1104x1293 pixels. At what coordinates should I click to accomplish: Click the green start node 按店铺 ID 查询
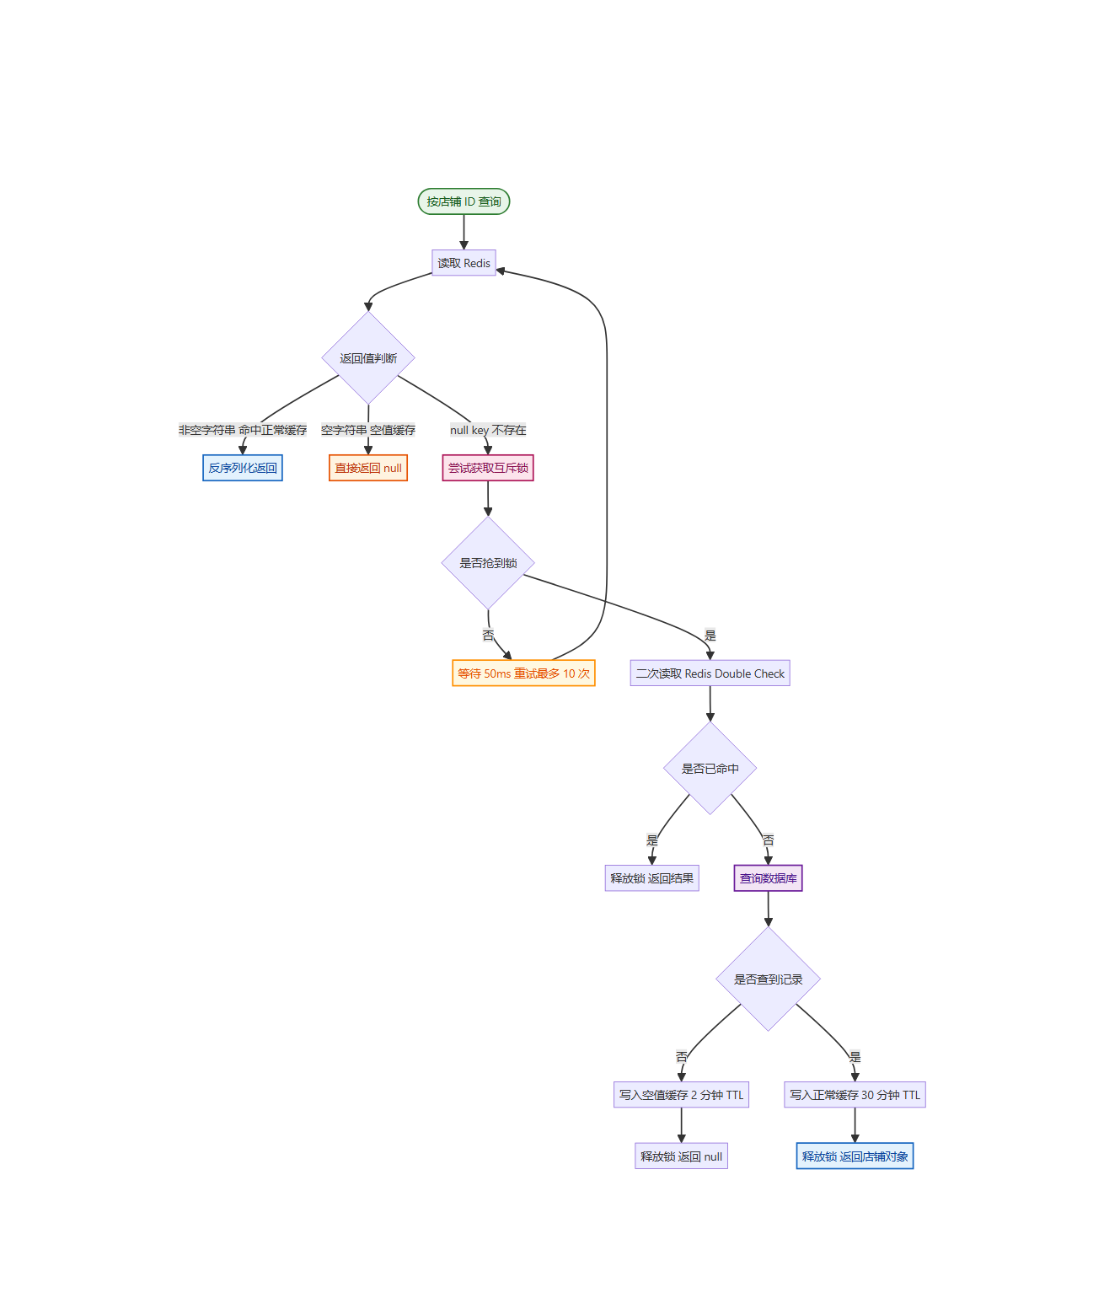point(463,201)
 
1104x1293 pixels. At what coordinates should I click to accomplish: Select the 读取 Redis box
point(463,262)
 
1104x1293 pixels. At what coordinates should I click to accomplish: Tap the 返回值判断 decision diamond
point(367,357)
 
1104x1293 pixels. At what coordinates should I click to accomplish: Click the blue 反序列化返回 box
point(242,467)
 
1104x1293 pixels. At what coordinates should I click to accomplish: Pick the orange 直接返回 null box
point(367,467)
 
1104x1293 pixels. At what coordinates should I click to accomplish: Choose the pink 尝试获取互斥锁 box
point(487,467)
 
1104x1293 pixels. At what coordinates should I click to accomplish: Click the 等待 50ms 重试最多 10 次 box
point(523,673)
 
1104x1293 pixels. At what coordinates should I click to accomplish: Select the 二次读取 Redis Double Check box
point(710,673)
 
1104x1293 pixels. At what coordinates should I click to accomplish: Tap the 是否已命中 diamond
point(710,768)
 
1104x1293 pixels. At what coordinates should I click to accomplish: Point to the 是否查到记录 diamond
point(768,979)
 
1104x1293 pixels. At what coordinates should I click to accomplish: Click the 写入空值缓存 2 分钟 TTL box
point(681,1094)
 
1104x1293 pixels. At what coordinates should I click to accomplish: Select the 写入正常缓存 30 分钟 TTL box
point(855,1094)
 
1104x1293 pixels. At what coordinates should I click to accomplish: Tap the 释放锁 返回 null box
point(681,1156)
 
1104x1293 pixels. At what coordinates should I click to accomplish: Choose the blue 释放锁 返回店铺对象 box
point(855,1156)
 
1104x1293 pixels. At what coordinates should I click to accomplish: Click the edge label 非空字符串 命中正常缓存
point(242,429)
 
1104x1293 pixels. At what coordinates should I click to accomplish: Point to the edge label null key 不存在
point(487,429)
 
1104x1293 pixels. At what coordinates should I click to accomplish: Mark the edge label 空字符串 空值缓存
point(367,429)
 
